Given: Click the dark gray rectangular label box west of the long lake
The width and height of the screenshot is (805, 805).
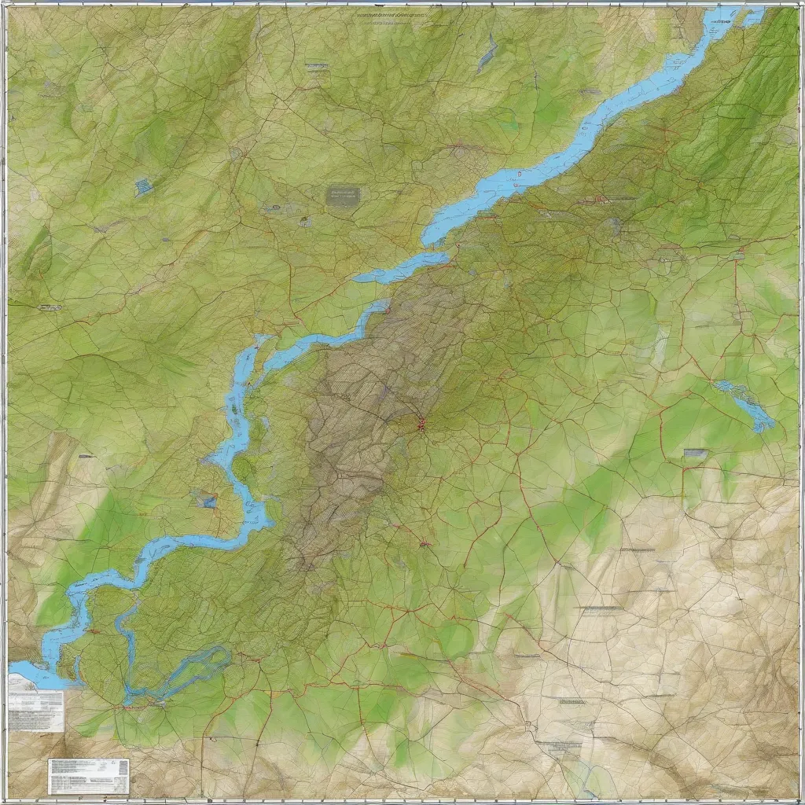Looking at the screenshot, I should click(x=344, y=195).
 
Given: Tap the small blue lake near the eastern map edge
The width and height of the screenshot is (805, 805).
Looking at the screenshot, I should click(x=745, y=404).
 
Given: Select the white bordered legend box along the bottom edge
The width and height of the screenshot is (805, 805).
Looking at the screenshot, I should click(x=88, y=775).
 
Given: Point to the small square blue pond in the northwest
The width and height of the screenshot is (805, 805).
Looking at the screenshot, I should click(x=144, y=187).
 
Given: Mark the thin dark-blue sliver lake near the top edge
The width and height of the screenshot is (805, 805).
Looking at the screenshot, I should click(x=487, y=55).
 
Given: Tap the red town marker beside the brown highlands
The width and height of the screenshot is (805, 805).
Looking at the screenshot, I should click(x=421, y=425).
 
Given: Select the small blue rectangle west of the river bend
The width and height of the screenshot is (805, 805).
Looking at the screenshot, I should click(x=208, y=500).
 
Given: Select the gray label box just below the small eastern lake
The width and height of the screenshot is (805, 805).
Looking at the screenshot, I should click(x=696, y=453).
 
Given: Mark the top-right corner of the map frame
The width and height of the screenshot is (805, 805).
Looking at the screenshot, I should click(x=799, y=6).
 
